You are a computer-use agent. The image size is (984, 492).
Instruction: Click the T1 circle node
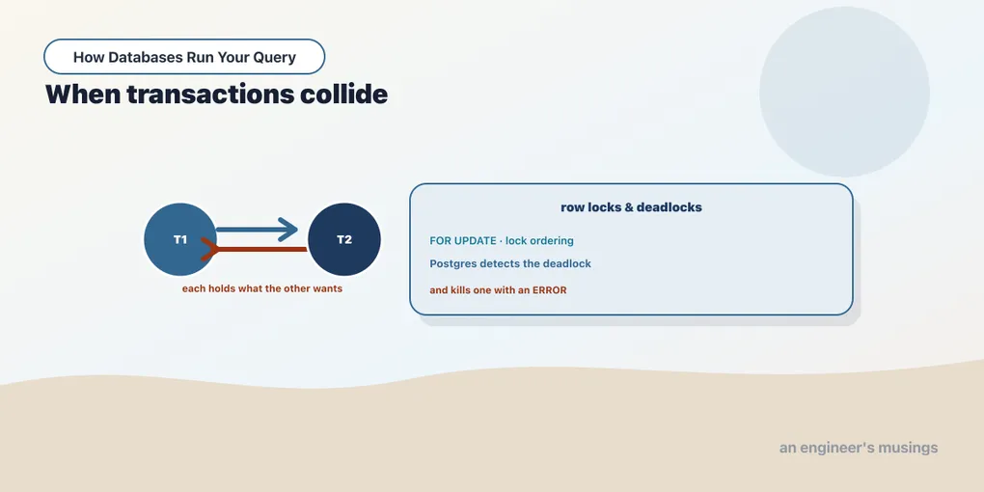click(x=180, y=239)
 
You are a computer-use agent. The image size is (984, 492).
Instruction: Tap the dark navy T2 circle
click(x=343, y=239)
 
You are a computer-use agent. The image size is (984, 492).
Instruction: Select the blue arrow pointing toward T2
click(x=258, y=230)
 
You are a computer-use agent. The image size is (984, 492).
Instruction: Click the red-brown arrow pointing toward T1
click(x=254, y=249)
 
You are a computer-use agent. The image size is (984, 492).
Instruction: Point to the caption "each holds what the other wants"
click(x=262, y=289)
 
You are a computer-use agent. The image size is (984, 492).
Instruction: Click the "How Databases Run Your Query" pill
click(x=184, y=57)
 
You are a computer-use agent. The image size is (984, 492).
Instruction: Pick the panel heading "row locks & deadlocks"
click(x=631, y=207)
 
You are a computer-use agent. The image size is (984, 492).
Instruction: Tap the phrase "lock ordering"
click(x=539, y=241)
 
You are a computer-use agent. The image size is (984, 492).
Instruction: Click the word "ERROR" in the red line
click(x=550, y=290)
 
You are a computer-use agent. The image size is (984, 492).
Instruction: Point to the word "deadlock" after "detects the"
click(x=567, y=263)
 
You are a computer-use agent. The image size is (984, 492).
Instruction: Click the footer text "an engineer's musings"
click(x=859, y=448)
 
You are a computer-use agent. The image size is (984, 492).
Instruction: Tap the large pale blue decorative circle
click(x=844, y=92)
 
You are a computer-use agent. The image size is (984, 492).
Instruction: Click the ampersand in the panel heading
click(x=629, y=207)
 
